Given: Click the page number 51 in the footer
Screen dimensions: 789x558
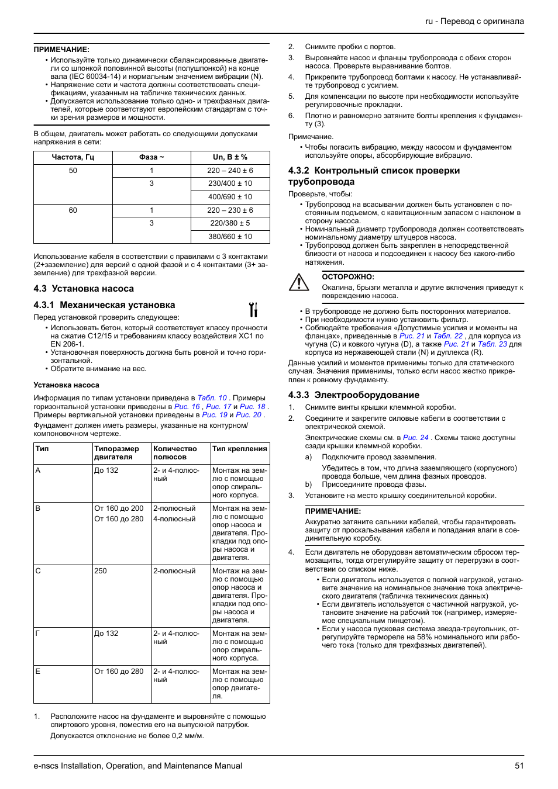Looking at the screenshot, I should point(519,766).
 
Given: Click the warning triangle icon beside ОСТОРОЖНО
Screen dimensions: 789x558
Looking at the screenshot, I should point(299,283).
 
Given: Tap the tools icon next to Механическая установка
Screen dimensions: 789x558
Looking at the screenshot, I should point(253,309).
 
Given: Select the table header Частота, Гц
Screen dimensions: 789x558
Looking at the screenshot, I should point(73,157).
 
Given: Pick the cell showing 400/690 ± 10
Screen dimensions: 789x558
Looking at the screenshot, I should point(230,197).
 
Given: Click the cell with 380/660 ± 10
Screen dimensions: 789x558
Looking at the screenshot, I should point(230,237).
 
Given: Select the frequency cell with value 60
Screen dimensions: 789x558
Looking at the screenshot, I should point(73,210).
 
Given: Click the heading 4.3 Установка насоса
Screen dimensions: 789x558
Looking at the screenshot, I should point(84,289).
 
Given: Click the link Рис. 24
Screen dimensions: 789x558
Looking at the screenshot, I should point(415,438).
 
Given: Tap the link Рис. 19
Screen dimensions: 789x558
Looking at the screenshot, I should point(214,415).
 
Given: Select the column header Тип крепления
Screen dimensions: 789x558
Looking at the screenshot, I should point(239,449).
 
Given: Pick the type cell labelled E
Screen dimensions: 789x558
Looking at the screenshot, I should point(38,672).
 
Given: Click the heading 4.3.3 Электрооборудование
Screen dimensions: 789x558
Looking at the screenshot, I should point(353,395).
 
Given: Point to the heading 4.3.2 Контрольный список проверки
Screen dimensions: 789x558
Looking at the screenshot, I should point(374,171).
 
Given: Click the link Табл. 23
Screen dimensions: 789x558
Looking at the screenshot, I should point(492,344).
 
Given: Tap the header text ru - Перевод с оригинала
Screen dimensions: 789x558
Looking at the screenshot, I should point(474,21).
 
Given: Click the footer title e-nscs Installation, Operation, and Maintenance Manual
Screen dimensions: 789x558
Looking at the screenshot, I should point(137,766).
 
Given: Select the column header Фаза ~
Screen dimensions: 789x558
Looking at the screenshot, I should point(151,157).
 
